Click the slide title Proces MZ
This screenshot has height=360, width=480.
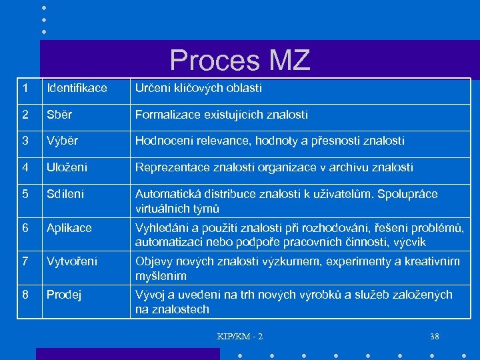pos(240,60)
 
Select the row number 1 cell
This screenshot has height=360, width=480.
pos(25,88)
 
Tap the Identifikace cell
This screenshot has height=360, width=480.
pos(77,88)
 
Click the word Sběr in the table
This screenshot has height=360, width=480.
pos(59,115)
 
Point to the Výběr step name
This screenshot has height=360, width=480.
pos(62,141)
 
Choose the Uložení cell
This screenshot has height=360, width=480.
pos(67,167)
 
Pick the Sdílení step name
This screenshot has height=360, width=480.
pos(65,195)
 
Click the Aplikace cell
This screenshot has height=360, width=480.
pos(69,228)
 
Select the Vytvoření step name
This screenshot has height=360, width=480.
pos(72,261)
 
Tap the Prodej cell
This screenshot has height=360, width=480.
pos(64,295)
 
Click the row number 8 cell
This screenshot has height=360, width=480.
pos(25,295)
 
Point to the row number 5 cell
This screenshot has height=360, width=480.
pos(25,195)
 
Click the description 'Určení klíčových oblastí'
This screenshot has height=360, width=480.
pos(199,88)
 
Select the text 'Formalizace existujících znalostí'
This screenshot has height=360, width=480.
pos(221,115)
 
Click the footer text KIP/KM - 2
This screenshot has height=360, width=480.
pos(240,337)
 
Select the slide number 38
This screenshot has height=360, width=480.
pos(435,337)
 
